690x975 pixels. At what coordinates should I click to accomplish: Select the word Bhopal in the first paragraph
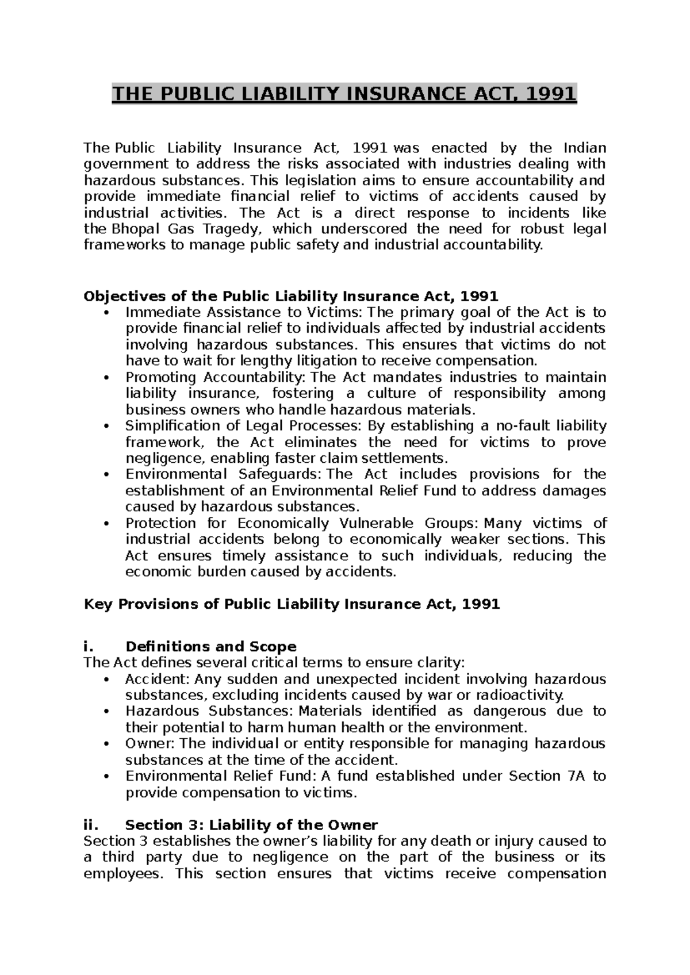pyautogui.click(x=128, y=229)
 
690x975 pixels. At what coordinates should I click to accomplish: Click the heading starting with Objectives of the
pyautogui.click(x=290, y=296)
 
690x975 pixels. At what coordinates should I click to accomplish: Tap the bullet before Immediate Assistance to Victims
pyautogui.click(x=108, y=313)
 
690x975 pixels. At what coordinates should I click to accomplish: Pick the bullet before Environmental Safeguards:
pyautogui.click(x=108, y=475)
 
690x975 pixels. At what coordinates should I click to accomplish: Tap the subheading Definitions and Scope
pyautogui.click(x=210, y=646)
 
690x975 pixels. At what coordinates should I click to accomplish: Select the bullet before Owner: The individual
pyautogui.click(x=108, y=744)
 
